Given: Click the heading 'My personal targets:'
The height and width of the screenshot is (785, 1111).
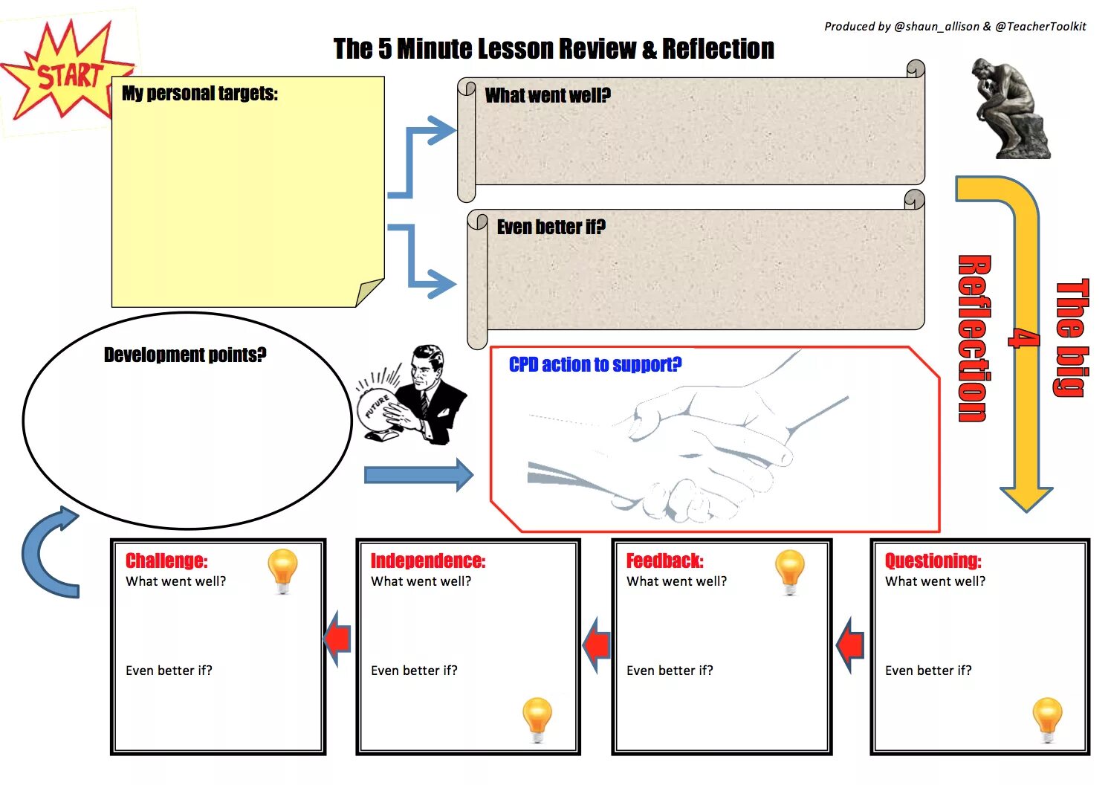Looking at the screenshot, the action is (199, 94).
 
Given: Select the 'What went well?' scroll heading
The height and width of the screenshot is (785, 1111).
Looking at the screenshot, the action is (548, 95).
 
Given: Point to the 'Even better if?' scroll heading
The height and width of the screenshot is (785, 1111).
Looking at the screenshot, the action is (551, 227).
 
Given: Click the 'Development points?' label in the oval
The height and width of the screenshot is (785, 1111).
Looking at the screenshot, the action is (185, 355).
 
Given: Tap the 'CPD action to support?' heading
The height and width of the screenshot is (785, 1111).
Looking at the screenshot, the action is (595, 364).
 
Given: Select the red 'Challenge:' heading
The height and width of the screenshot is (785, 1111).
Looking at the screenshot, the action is (166, 561).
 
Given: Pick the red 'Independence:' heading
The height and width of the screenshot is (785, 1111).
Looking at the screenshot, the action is (427, 561).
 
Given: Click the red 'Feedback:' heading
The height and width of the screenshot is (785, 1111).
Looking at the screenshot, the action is (664, 561).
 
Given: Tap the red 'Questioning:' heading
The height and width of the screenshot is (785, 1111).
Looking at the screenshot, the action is (933, 561).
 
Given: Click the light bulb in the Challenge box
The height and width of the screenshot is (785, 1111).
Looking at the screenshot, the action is (282, 571).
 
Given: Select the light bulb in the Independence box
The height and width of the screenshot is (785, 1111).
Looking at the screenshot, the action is (537, 719).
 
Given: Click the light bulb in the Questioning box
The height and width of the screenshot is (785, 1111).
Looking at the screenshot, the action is (1047, 719).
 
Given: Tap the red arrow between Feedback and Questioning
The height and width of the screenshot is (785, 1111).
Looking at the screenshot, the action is (851, 645).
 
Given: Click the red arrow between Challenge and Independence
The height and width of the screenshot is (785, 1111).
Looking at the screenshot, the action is (338, 638).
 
